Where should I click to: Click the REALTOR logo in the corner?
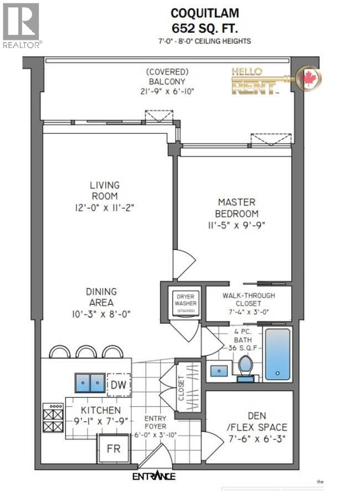click(21, 25)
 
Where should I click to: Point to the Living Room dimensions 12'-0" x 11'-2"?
click(105, 207)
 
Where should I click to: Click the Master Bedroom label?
click(236, 208)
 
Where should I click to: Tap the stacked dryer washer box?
click(183, 303)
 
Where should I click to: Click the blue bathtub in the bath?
click(277, 354)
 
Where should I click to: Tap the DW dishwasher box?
click(118, 384)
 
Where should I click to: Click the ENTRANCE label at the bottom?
click(154, 476)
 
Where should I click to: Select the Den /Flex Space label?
click(249, 422)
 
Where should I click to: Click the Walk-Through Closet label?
click(249, 299)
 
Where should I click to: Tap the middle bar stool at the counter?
click(86, 352)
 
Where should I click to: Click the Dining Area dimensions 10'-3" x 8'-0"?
click(100, 314)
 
